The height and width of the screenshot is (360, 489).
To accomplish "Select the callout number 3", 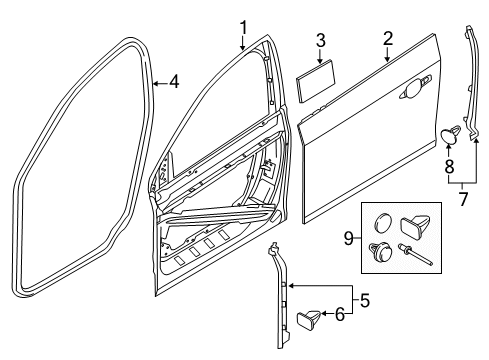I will click(x=320, y=41).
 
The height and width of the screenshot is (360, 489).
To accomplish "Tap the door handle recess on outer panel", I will click(x=411, y=94).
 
